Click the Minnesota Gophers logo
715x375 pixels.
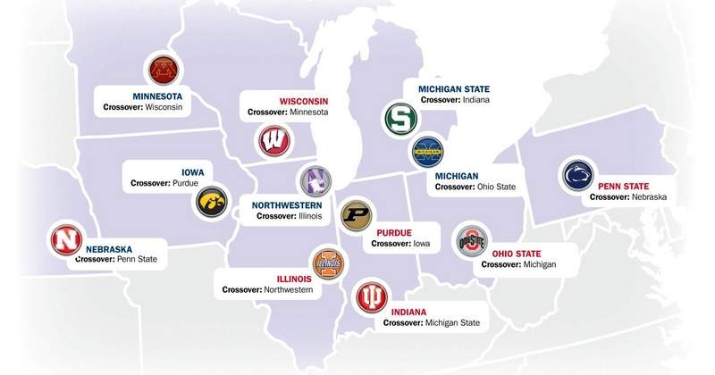click(x=162, y=71)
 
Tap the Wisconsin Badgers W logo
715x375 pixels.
click(x=273, y=141)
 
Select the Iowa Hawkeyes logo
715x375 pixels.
click(x=213, y=202)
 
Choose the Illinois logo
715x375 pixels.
click(x=327, y=263)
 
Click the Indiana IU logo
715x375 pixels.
click(x=371, y=296)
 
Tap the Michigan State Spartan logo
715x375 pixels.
click(x=399, y=118)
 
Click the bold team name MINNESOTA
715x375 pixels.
click(x=157, y=96)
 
